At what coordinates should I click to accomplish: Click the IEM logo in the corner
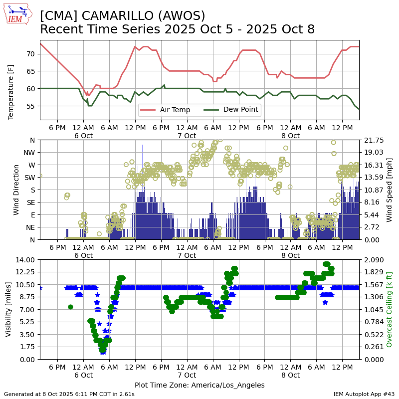point(18,14)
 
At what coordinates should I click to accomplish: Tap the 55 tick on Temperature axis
point(30,106)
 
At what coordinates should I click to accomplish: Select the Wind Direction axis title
point(17,190)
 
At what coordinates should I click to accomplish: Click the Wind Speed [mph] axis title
point(390,190)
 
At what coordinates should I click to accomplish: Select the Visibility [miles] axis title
point(8,309)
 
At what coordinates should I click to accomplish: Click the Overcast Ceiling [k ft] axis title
point(390,309)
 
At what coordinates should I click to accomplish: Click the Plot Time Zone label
point(199,385)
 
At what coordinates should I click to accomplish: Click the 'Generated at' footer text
point(69,394)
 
